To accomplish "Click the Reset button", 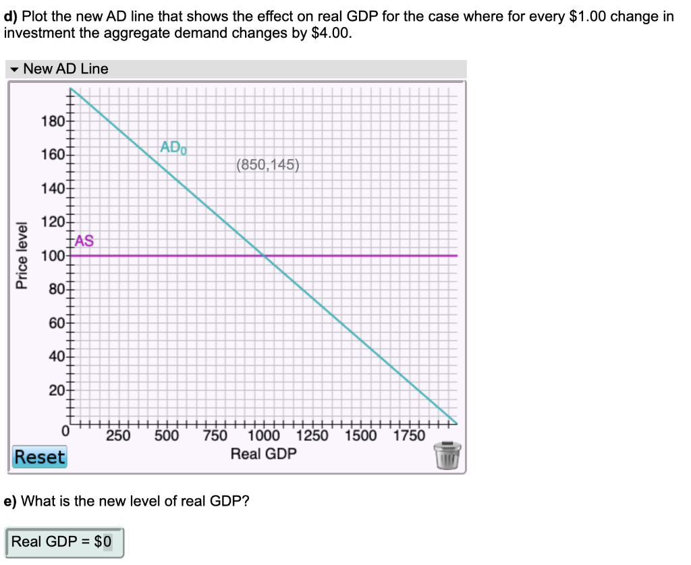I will coord(40,457).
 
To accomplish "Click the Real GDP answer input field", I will coord(64,541).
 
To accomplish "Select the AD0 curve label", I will coord(173,147).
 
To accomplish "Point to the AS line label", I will coord(84,241).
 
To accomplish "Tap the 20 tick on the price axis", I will coord(53,390).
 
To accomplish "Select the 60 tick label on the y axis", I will coord(53,324).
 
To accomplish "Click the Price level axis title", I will coord(23,256).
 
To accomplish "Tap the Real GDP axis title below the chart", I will coord(263,454).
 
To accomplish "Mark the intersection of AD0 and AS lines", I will coord(264,256).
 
